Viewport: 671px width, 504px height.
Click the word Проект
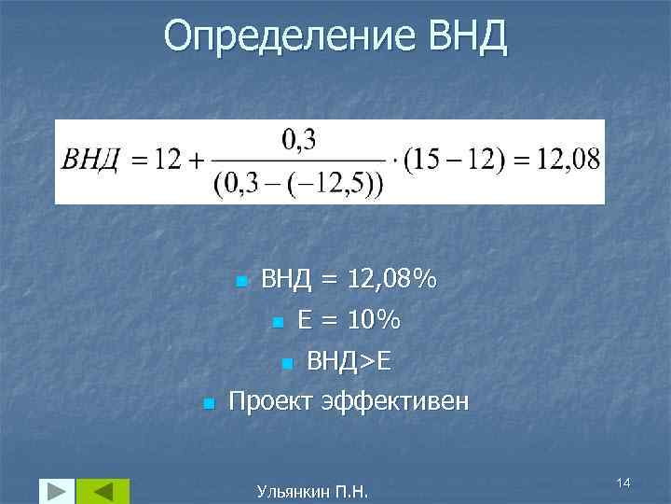(271, 402)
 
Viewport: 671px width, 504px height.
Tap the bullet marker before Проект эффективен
(209, 403)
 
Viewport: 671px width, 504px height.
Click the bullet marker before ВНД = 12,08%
(240, 280)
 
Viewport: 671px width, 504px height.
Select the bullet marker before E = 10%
(277, 323)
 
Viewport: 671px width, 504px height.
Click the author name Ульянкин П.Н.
(311, 488)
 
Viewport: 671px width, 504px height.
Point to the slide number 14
(623, 481)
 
